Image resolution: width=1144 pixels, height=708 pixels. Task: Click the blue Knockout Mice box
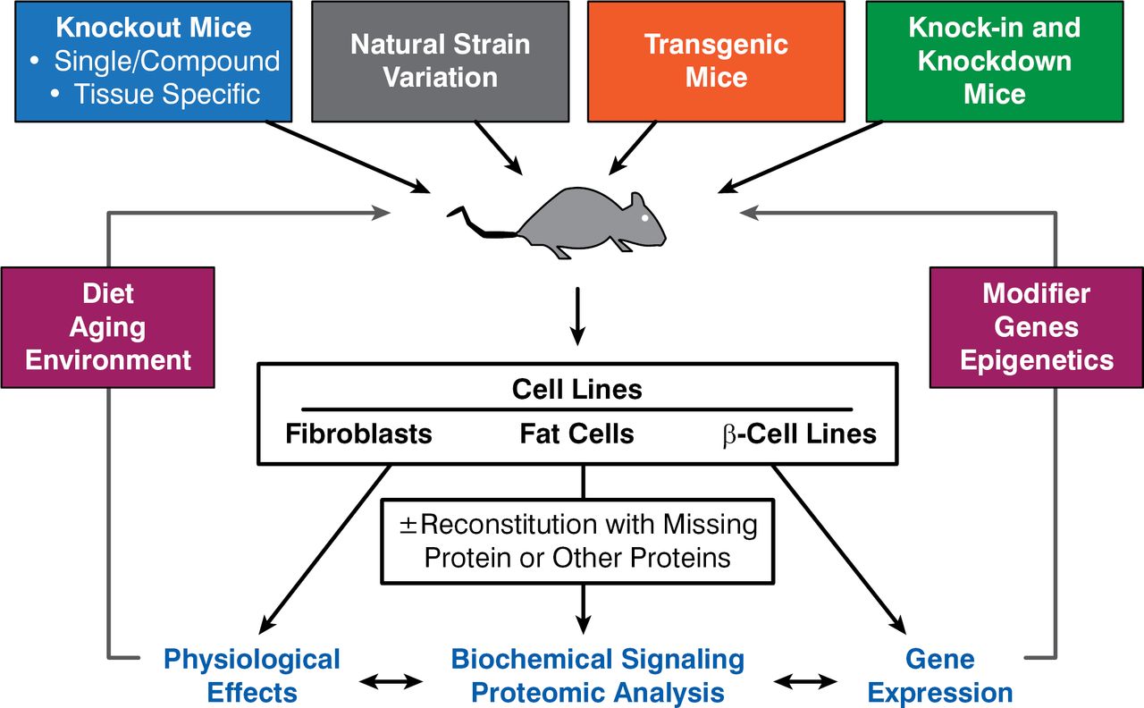[154, 61]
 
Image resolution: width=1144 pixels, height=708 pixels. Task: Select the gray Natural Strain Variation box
[440, 61]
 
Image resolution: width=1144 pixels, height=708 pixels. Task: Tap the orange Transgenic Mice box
[716, 61]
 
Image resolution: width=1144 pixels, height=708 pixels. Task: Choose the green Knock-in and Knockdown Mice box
[994, 61]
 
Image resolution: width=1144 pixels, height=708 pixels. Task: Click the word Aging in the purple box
[108, 326]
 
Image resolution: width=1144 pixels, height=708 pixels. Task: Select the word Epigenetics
[1036, 359]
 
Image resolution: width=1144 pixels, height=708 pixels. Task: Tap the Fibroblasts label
[358, 434]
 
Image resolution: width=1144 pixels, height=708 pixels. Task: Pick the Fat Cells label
[576, 434]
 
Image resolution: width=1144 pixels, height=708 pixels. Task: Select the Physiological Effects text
[251, 676]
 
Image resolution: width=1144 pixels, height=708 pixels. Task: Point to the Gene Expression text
[939, 676]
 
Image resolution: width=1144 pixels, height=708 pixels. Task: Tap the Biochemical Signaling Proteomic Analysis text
[597, 676]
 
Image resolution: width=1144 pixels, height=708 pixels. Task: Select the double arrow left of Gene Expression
[806, 682]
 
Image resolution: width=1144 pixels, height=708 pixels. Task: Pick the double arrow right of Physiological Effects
[390, 682]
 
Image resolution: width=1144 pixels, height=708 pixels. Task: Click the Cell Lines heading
[576, 390]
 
